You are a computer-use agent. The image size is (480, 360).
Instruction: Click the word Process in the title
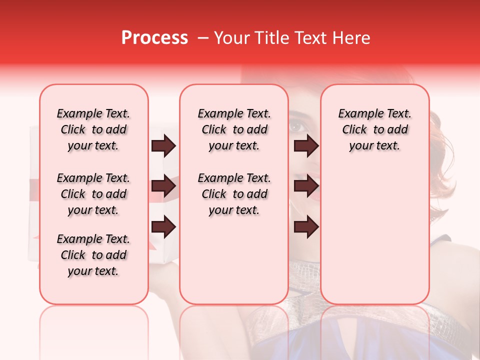pyautogui.click(x=154, y=38)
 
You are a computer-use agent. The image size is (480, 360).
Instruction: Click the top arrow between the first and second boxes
pyautogui.click(x=163, y=146)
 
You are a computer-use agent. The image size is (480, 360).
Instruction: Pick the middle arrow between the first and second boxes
pyautogui.click(x=163, y=186)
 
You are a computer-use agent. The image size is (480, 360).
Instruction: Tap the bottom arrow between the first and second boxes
pyautogui.click(x=163, y=227)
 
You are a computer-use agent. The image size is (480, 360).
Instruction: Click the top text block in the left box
pyautogui.click(x=93, y=129)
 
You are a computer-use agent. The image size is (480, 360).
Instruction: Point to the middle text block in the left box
pyautogui.click(x=93, y=194)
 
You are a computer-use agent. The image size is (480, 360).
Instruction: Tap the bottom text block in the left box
pyautogui.click(x=93, y=255)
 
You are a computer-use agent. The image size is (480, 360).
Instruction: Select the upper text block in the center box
pyautogui.click(x=234, y=129)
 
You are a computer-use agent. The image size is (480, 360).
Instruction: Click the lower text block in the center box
pyautogui.click(x=234, y=194)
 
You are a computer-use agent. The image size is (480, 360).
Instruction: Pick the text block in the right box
pyautogui.click(x=374, y=129)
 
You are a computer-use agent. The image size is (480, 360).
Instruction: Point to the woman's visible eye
pyautogui.click(x=298, y=126)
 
